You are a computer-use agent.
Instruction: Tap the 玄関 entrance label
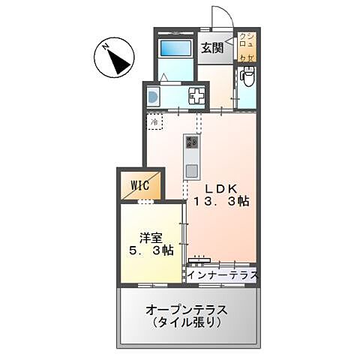click(x=212, y=49)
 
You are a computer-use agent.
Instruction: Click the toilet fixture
click(x=247, y=77)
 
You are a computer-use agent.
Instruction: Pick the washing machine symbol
click(x=153, y=96)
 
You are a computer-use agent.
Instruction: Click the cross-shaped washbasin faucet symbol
click(x=196, y=96)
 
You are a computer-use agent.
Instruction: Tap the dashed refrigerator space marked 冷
click(x=154, y=121)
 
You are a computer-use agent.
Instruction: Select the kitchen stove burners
click(x=191, y=142)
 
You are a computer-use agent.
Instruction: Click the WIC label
click(x=140, y=184)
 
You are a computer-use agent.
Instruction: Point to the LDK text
click(x=220, y=189)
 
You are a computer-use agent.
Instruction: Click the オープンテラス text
click(x=187, y=310)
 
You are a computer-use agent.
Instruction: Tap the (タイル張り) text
click(x=187, y=323)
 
